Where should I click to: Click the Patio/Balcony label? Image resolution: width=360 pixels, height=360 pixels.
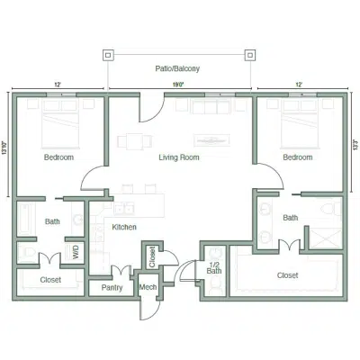point(177,68)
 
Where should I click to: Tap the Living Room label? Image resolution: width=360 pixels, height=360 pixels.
point(179,157)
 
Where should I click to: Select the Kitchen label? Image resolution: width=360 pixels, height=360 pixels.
point(124,227)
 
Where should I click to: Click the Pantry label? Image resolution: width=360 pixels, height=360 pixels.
point(112,288)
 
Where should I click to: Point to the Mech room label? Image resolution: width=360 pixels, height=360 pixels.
point(148,287)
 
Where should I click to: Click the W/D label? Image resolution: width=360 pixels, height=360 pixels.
point(76,252)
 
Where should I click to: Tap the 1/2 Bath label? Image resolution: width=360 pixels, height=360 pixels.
point(214,267)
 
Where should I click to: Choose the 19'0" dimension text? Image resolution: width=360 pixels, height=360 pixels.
point(178,85)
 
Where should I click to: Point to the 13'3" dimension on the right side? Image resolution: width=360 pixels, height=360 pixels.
point(355,144)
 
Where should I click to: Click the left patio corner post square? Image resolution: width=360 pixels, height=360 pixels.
point(108,55)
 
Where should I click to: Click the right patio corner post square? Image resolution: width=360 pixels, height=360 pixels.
point(250,55)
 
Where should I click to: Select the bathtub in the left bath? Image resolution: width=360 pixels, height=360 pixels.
point(26,219)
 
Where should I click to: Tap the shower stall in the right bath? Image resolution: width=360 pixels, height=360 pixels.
point(326,238)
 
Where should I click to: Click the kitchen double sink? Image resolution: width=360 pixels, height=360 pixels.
point(123,208)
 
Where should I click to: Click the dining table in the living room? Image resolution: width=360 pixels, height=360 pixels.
point(134,141)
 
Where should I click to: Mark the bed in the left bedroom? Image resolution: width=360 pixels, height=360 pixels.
point(60,123)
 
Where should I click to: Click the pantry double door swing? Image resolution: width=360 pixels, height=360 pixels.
point(121,270)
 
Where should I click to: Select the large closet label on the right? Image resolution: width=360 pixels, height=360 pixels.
point(288,275)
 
